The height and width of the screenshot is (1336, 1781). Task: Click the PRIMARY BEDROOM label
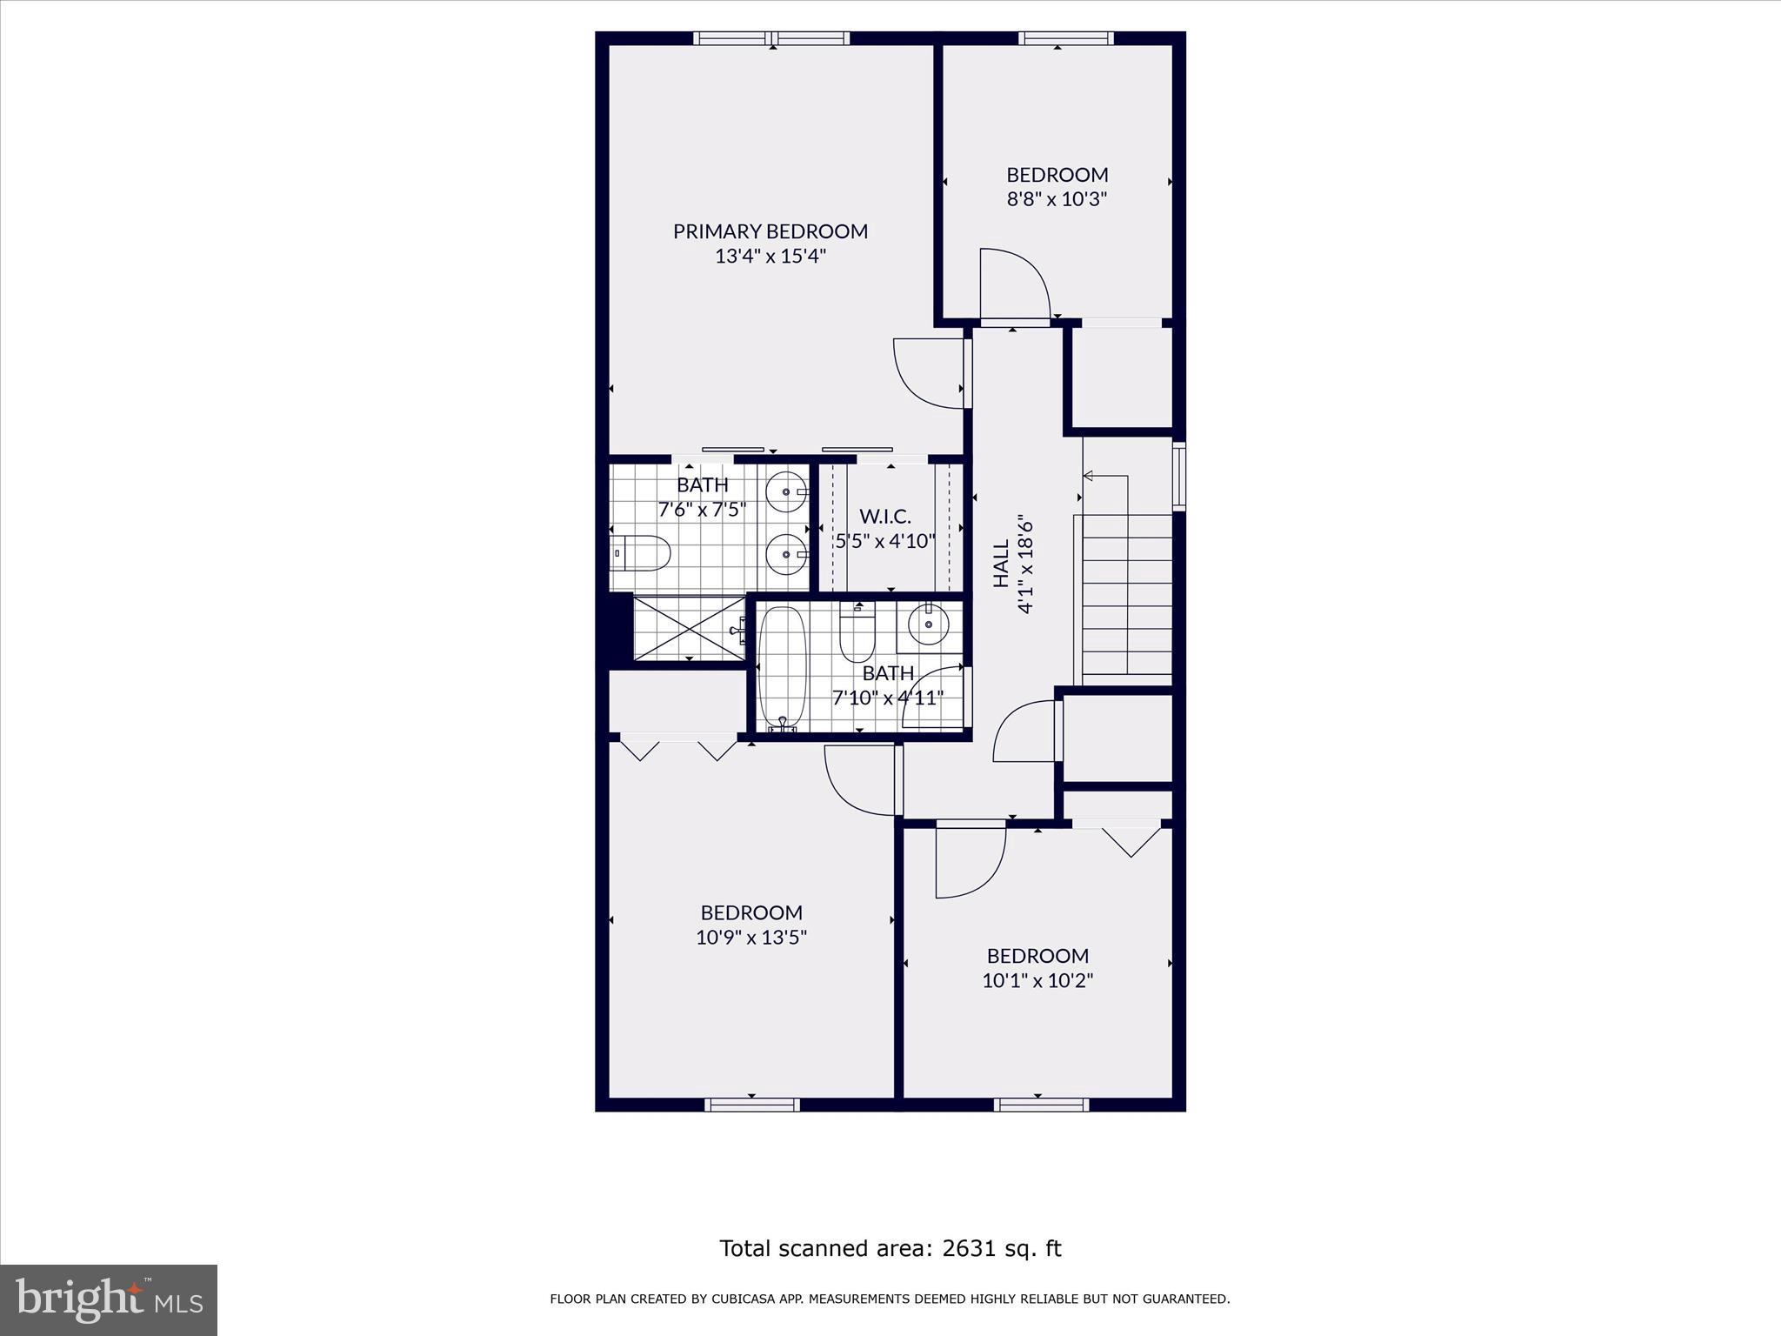click(x=770, y=231)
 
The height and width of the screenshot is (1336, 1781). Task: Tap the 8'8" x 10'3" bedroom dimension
click(x=1057, y=199)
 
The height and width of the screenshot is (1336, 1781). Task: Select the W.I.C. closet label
click(x=885, y=516)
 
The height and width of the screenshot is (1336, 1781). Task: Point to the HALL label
click(x=1001, y=563)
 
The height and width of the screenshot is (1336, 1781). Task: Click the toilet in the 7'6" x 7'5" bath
click(x=642, y=553)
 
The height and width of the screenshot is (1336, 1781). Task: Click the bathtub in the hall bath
click(x=783, y=666)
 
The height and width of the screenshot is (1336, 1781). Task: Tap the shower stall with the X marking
click(x=689, y=628)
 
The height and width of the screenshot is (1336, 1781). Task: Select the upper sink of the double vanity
click(x=788, y=492)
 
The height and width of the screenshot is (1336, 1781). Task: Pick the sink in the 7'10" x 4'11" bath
click(x=928, y=624)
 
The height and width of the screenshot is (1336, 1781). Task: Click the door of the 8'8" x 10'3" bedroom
click(x=1013, y=284)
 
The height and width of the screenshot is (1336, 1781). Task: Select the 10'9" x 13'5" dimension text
click(x=751, y=938)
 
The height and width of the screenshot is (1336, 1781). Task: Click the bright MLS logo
click(x=109, y=1299)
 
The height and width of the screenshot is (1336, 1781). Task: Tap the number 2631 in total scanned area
click(x=964, y=1249)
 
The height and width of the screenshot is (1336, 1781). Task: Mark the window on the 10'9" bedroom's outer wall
click(x=751, y=1105)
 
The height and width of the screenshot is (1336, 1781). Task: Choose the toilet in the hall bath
click(x=857, y=635)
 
